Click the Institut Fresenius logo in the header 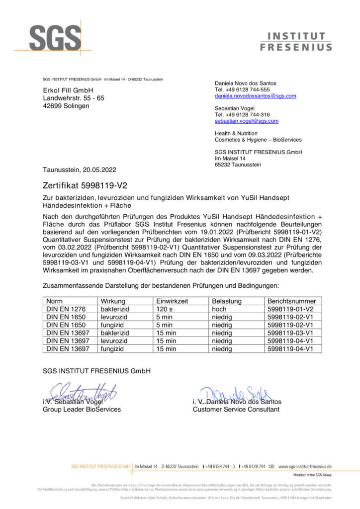(x=296, y=42)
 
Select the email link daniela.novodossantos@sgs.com (x=255, y=95)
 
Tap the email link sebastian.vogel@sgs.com (x=246, y=121)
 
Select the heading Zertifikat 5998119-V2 (x=86, y=186)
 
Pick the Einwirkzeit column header (x=172, y=301)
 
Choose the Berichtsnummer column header (x=291, y=301)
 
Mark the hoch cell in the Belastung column (x=220, y=309)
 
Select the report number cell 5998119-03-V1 (x=290, y=333)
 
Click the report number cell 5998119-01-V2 (x=290, y=309)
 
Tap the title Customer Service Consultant (x=236, y=410)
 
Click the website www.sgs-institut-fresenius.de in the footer (x=305, y=467)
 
